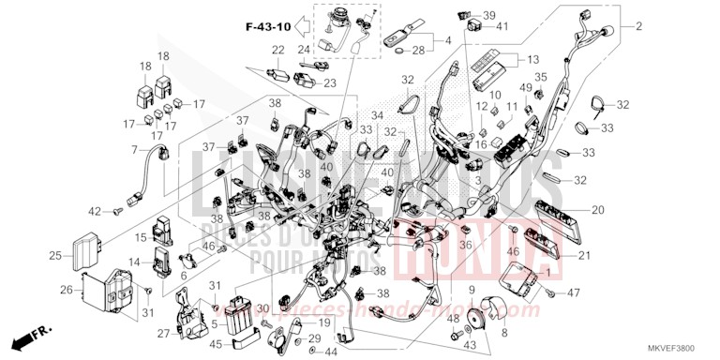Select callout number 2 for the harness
[639, 26]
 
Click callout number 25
[55, 255]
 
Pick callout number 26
[67, 289]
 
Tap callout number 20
[598, 211]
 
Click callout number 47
[574, 293]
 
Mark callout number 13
[560, 58]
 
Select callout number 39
[489, 16]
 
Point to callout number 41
[502, 26]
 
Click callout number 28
[418, 49]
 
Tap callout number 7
[134, 150]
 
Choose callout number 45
[215, 343]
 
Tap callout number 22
[278, 50]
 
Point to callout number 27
[164, 332]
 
